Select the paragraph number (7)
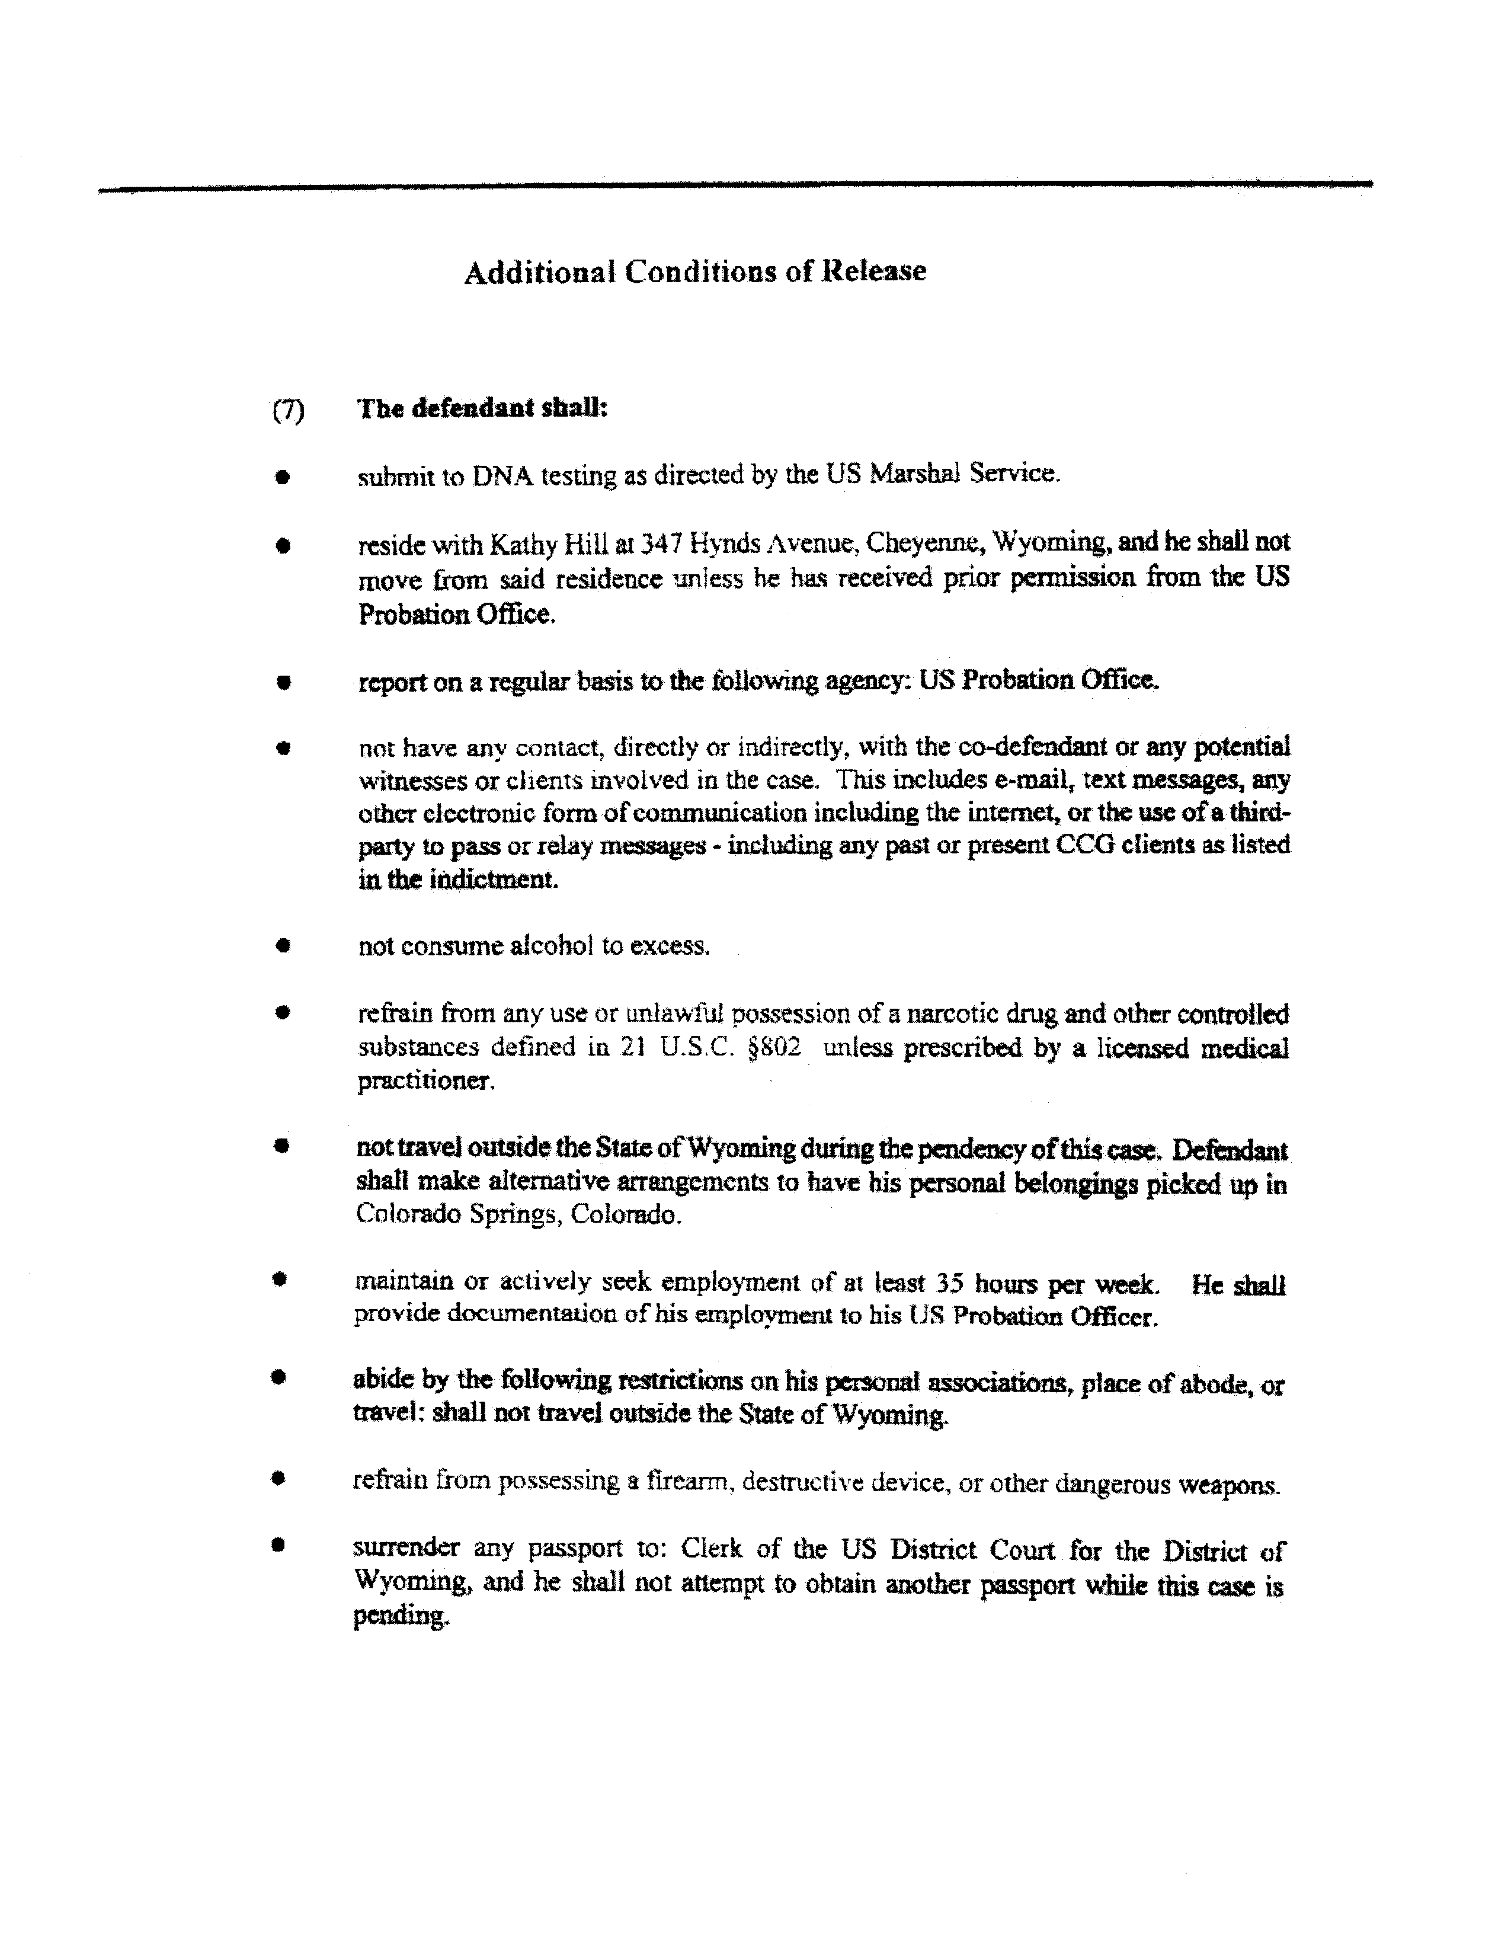point(288,411)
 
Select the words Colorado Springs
point(456,1215)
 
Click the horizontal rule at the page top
point(734,186)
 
